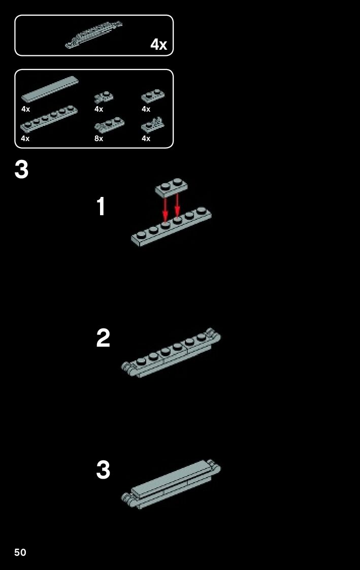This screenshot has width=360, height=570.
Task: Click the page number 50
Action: click(x=20, y=552)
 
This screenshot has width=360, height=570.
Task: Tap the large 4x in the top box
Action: click(x=158, y=44)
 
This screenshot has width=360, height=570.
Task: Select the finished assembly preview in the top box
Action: click(x=93, y=35)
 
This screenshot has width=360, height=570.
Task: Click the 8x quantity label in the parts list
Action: click(x=99, y=139)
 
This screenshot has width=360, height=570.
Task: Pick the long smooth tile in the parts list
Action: click(x=50, y=89)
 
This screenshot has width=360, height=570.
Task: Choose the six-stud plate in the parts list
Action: click(x=49, y=119)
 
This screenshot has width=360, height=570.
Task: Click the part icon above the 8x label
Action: click(x=109, y=125)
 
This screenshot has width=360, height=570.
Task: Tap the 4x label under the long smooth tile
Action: click(x=26, y=109)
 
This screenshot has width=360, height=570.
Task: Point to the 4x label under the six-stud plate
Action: click(x=25, y=139)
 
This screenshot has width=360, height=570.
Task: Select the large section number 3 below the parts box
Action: click(x=21, y=170)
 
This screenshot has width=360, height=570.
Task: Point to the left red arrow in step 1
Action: click(x=165, y=210)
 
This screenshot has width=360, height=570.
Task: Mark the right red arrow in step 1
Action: click(x=177, y=205)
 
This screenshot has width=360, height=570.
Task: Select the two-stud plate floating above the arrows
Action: click(x=171, y=188)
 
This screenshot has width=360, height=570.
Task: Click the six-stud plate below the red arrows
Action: click(x=171, y=226)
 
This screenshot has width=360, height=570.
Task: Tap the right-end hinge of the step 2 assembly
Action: click(x=213, y=335)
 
